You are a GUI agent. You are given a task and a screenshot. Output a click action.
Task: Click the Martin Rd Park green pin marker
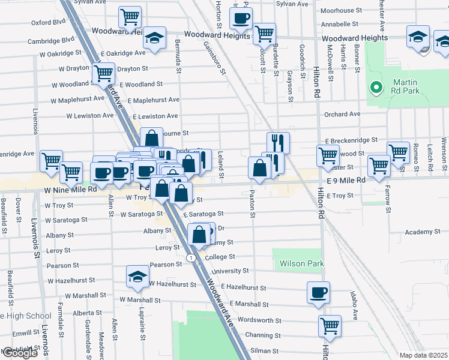(376, 88)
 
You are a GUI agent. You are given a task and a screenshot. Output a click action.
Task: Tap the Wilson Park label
(298, 263)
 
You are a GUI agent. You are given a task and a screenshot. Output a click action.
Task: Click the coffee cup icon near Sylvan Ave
(241, 19)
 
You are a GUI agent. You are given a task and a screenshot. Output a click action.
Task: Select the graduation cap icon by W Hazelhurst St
(137, 277)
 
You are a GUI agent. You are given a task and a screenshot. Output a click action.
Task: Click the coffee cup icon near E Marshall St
(318, 293)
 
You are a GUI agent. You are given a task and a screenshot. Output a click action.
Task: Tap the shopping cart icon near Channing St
(330, 326)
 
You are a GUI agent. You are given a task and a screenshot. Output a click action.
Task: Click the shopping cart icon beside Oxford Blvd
(130, 18)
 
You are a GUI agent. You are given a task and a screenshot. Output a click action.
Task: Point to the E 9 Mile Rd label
(346, 180)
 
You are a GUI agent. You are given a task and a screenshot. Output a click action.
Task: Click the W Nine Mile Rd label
(70, 189)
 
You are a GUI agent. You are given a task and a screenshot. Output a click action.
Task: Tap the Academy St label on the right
(422, 232)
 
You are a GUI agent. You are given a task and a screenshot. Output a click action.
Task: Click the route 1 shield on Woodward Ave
(190, 257)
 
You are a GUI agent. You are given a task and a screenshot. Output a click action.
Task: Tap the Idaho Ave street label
(354, 306)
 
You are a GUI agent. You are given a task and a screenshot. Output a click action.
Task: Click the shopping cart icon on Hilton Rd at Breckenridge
(328, 155)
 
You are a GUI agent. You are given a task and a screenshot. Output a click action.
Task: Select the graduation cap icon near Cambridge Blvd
(154, 40)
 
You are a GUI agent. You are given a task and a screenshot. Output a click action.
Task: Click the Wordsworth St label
(260, 320)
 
